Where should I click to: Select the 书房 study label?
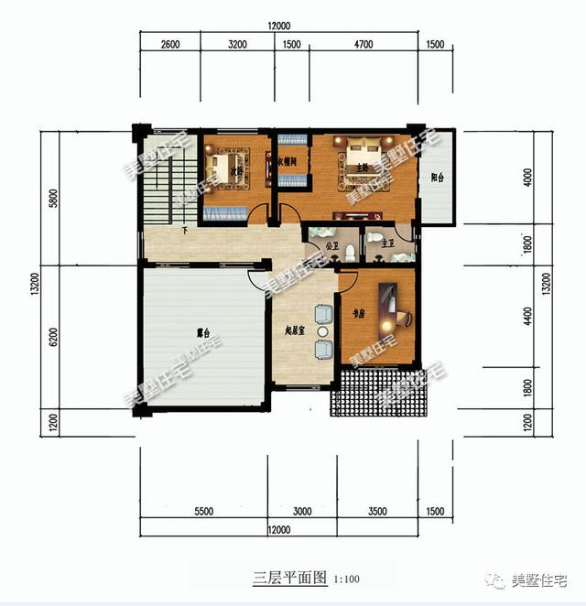coord(358,313)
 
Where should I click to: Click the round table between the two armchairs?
coord(322,330)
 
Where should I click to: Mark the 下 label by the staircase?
coord(186,230)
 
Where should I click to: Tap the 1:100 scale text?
coord(346,580)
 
